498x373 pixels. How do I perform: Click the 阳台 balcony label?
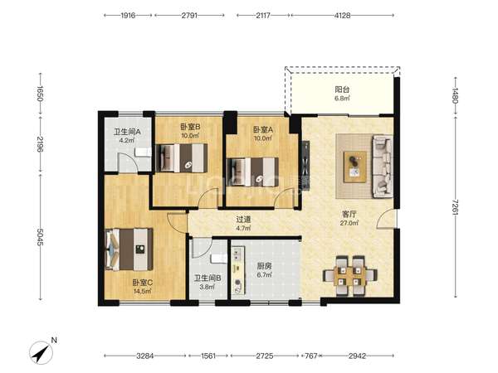pyautogui.click(x=342, y=90)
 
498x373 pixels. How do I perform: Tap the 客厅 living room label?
pyautogui.click(x=349, y=214)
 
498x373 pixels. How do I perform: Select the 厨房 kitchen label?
pyautogui.click(x=264, y=266)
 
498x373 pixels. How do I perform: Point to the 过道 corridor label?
pyautogui.click(x=243, y=219)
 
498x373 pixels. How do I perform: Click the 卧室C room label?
pyautogui.click(x=143, y=283)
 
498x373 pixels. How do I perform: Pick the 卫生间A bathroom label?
pyautogui.click(x=127, y=131)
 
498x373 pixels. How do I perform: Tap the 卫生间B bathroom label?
pyautogui.click(x=207, y=279)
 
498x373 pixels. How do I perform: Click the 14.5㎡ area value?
pyautogui.click(x=143, y=291)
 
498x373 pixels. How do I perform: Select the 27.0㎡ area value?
pyautogui.click(x=349, y=223)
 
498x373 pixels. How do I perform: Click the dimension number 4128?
pyautogui.click(x=342, y=15)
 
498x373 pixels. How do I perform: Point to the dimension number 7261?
pyautogui.click(x=456, y=207)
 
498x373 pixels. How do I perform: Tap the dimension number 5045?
pyautogui.click(x=41, y=237)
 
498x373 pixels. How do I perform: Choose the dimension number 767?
pyautogui.click(x=311, y=356)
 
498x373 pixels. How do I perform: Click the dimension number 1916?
pyautogui.click(x=128, y=15)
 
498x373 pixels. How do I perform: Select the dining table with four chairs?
pyautogui.click(x=349, y=276)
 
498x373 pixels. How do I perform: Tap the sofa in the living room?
pyautogui.click(x=383, y=167)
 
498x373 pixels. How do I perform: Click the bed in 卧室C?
pyautogui.click(x=129, y=249)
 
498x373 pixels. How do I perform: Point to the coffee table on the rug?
pyautogui.click(x=355, y=167)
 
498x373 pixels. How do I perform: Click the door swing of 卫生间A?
pyautogui.click(x=129, y=163)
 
